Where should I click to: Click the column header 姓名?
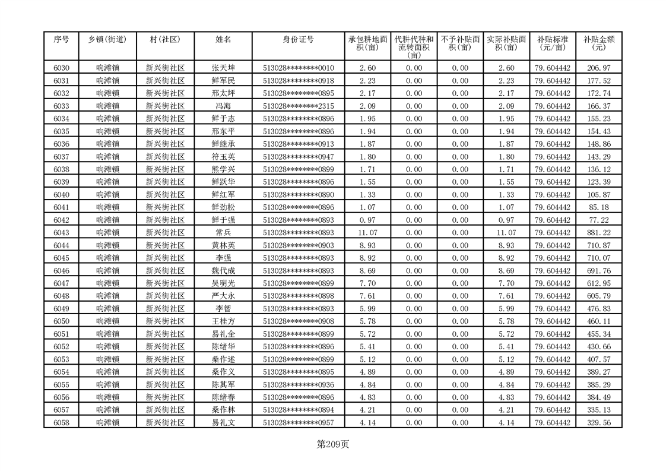[x=223, y=39]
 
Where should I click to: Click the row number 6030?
[x=61, y=68]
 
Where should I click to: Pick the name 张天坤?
[x=223, y=68]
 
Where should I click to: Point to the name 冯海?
[x=223, y=106]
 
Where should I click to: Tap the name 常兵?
[x=223, y=232]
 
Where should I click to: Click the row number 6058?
[x=61, y=422]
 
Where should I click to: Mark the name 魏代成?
[x=223, y=270]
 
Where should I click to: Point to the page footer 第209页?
[x=333, y=444]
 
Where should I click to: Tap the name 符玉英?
[x=223, y=156]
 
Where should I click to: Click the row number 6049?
[x=61, y=308]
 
